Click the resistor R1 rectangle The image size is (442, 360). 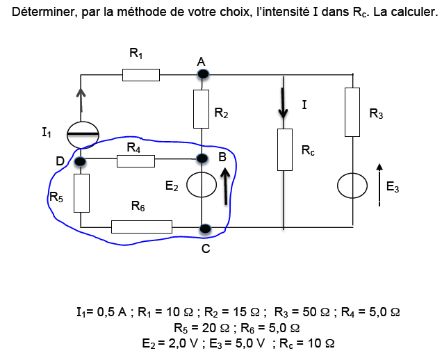point(141,74)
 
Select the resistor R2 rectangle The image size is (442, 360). point(201,109)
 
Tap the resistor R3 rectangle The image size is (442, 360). point(353,113)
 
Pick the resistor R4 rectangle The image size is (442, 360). point(136,161)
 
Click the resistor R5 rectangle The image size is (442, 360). point(81,193)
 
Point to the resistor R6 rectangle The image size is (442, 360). point(141,227)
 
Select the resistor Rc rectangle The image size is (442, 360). point(285,149)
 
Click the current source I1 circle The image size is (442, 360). point(81,133)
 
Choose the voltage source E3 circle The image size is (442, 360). point(353,186)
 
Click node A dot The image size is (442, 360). point(202,73)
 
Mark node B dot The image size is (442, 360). point(202,158)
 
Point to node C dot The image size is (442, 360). point(204,228)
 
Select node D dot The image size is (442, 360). point(81,162)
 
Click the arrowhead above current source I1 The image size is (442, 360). point(81,94)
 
